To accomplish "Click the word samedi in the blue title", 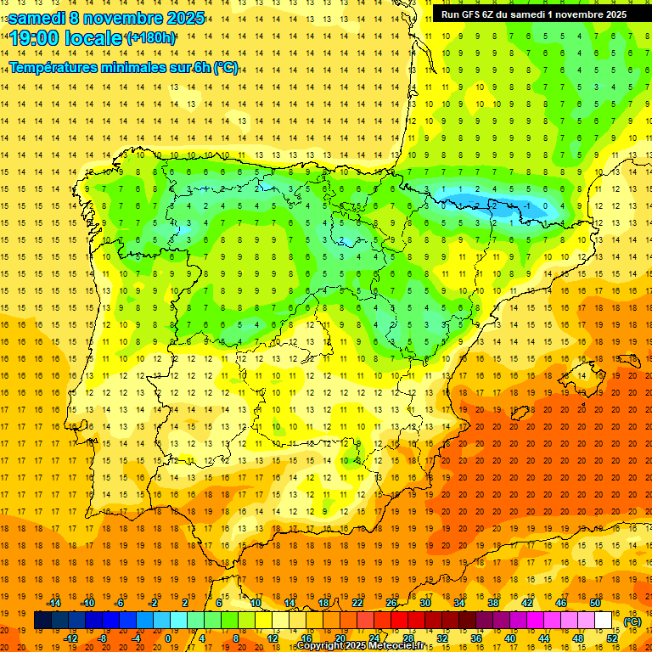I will pos(38,17).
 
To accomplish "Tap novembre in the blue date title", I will pos(124,17).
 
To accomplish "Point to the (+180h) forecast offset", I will pos(150,38).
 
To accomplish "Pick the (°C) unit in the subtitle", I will pos(225,68).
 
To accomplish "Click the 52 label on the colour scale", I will pos(612,638).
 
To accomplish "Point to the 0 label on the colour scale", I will pos(168,638).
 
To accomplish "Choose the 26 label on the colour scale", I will pos(391,603).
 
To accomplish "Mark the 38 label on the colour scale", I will pos(492,603).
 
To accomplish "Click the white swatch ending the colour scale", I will pos(604,621).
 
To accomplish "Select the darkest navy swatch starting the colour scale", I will pos(42,621).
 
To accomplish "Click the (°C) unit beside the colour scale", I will pos(632,621).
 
